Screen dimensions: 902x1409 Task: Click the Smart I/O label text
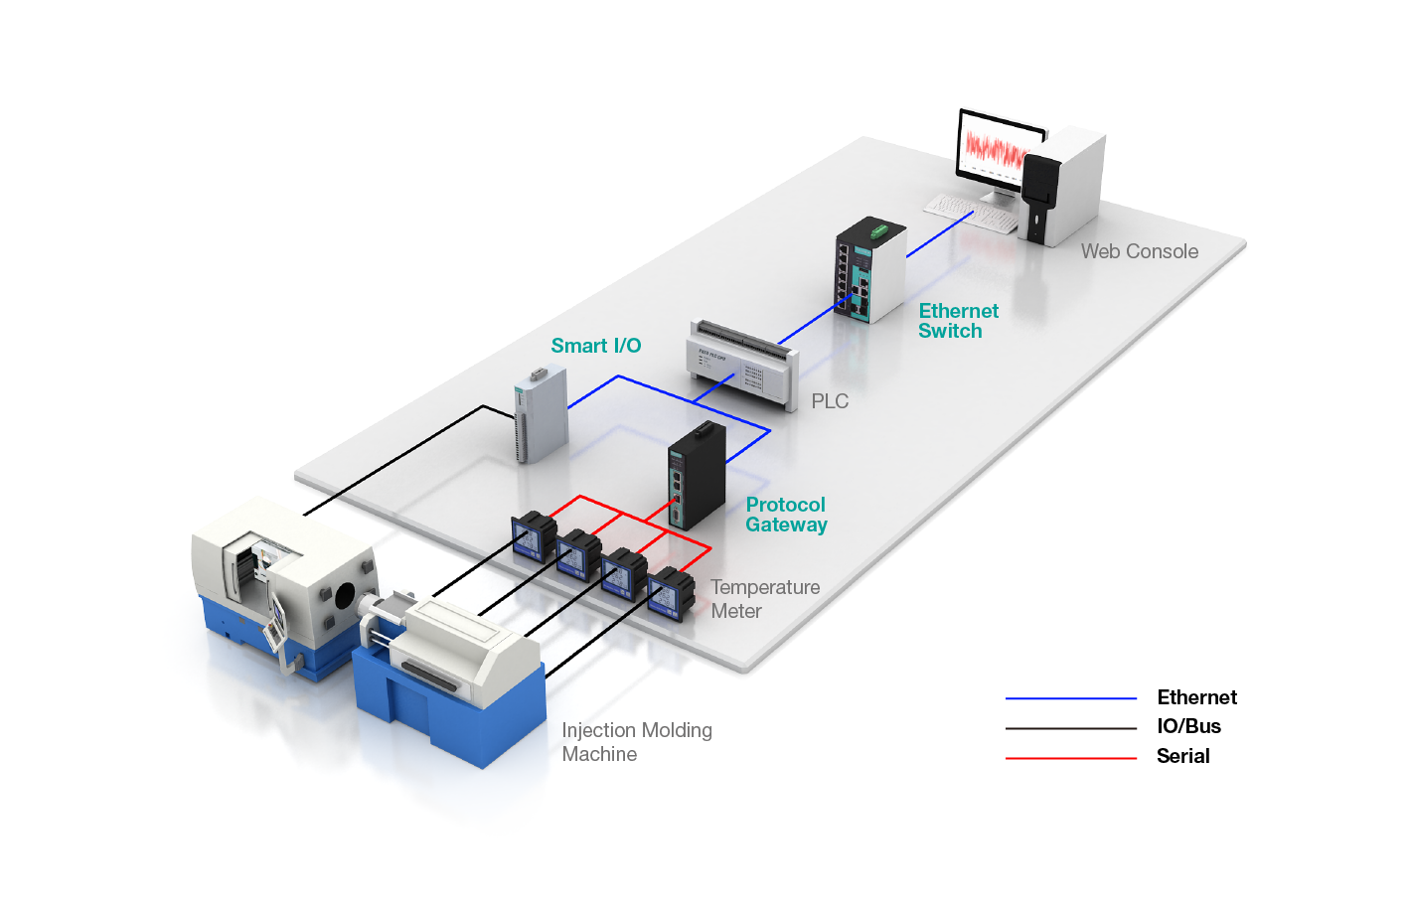point(596,346)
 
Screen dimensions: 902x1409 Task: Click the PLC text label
point(830,401)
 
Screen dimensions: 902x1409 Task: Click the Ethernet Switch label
point(958,321)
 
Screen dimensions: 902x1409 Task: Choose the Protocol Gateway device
point(696,477)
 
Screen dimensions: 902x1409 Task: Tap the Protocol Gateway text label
point(786,515)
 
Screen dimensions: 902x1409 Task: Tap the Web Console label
point(1140,251)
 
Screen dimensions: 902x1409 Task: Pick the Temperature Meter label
point(764,599)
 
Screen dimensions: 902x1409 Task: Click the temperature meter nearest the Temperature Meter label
point(670,594)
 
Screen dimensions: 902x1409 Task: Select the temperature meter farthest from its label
point(534,536)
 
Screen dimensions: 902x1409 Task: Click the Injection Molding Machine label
point(636,742)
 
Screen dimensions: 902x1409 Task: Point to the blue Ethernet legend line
point(1071,698)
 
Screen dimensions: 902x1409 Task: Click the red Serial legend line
point(1071,758)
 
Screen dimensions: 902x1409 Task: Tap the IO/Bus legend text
point(1188,726)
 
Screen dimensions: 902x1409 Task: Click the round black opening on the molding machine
point(345,596)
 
